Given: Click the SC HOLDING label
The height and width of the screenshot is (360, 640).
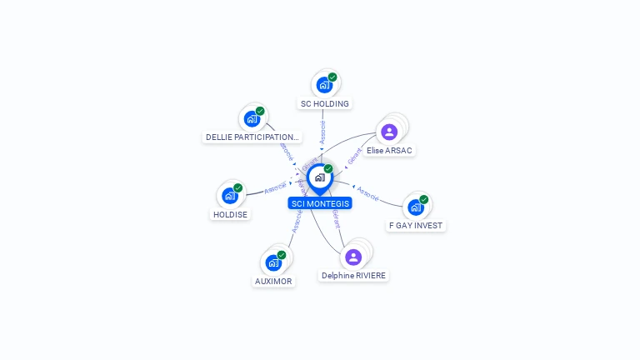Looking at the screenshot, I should click(x=325, y=104).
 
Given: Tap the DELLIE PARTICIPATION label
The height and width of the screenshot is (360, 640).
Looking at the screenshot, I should click(x=252, y=137).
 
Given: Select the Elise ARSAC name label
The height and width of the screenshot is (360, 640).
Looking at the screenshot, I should click(x=389, y=151).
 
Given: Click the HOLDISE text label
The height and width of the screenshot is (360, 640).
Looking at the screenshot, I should click(x=230, y=214).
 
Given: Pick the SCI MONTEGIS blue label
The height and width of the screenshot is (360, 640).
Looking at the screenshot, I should click(x=320, y=203).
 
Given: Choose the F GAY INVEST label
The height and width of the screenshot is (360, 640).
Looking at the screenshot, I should click(x=416, y=225).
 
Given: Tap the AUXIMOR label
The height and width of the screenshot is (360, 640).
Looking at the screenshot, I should click(x=273, y=281).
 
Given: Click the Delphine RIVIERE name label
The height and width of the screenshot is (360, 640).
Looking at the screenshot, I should click(x=354, y=275).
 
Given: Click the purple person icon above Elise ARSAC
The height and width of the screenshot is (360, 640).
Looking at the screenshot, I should click(x=389, y=132).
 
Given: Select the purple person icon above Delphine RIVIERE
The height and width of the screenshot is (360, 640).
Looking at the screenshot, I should click(x=353, y=257).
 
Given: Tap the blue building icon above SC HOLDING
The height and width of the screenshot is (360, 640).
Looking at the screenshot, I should click(x=323, y=85).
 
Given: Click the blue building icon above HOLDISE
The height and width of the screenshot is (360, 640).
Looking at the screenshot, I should click(x=229, y=196).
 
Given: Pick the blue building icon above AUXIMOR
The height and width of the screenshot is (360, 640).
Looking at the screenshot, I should click(x=272, y=262).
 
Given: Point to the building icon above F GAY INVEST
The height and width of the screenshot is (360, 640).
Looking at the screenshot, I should click(x=415, y=207).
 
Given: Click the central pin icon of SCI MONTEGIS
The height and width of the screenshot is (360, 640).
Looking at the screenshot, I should click(x=319, y=177).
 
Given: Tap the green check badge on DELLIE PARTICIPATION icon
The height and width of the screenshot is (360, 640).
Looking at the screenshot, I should click(x=260, y=111).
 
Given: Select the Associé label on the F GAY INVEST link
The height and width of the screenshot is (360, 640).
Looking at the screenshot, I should click(x=368, y=192).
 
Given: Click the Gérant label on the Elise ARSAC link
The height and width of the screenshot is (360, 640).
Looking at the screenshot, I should click(x=354, y=155).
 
